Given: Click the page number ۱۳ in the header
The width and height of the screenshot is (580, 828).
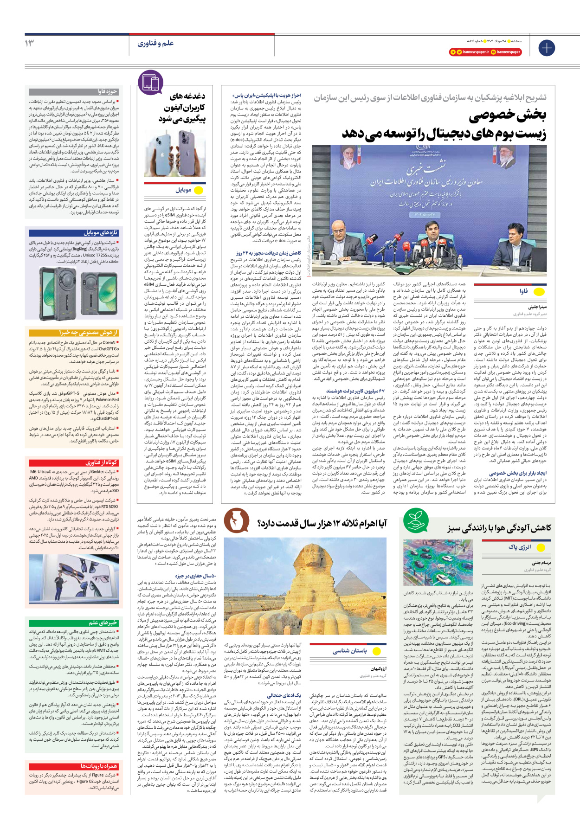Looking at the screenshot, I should click(x=30, y=43).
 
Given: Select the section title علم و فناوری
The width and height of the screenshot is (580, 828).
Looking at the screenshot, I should click(x=156, y=43).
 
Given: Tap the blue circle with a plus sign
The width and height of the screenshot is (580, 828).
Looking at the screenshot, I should click(x=546, y=47).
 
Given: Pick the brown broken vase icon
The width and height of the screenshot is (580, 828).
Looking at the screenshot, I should click(x=237, y=520).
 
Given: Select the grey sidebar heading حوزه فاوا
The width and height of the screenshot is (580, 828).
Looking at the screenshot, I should click(x=107, y=92).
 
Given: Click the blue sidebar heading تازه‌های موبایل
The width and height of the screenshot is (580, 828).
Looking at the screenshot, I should click(x=100, y=233).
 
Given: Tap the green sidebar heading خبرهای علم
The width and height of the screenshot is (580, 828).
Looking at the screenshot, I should click(x=103, y=623).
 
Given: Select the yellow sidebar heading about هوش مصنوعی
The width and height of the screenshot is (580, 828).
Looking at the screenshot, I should click(x=89, y=333).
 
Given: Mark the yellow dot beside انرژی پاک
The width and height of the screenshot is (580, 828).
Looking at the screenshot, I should click(x=539, y=547).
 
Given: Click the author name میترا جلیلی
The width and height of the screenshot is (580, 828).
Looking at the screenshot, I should click(x=537, y=307).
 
